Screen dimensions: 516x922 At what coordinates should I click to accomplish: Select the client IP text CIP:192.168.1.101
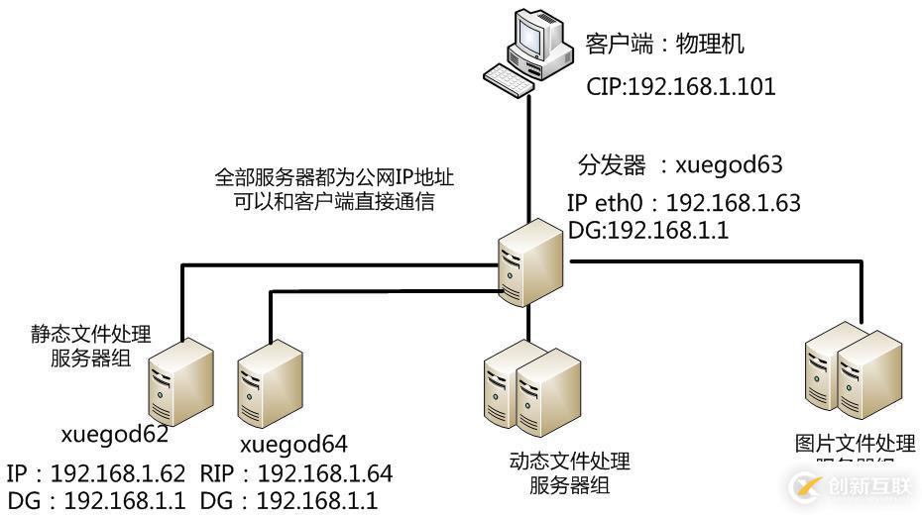point(680,87)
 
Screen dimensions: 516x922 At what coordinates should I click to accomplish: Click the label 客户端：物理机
point(664,45)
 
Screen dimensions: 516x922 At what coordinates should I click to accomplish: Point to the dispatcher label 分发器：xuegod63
point(674,164)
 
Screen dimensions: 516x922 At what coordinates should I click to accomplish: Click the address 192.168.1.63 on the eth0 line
point(733,204)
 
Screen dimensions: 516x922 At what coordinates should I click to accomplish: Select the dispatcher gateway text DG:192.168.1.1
point(648,230)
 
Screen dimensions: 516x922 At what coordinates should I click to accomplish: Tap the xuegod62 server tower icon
point(180,381)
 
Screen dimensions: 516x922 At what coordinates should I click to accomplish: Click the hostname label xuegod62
point(114,435)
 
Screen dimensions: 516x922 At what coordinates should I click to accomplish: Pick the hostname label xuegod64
point(294,443)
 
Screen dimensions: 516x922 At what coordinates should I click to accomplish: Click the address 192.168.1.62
point(118,472)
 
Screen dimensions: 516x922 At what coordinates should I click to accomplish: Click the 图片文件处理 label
point(855,443)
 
